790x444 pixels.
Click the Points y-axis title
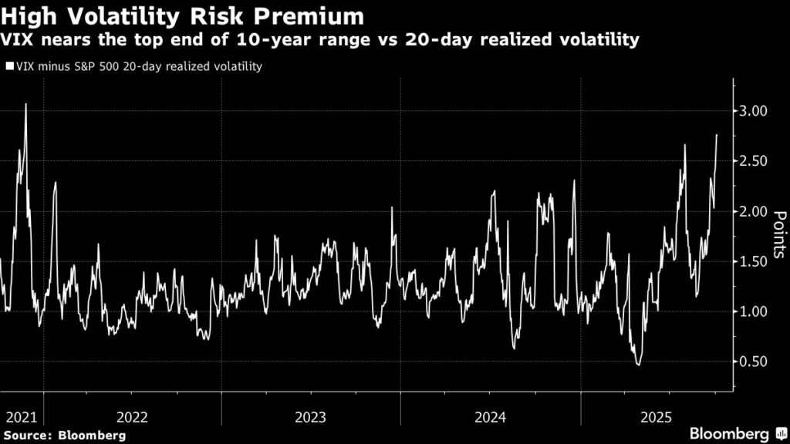779,235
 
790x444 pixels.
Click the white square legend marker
9,67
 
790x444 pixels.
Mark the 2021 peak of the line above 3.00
25,105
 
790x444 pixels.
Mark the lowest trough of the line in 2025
638,364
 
